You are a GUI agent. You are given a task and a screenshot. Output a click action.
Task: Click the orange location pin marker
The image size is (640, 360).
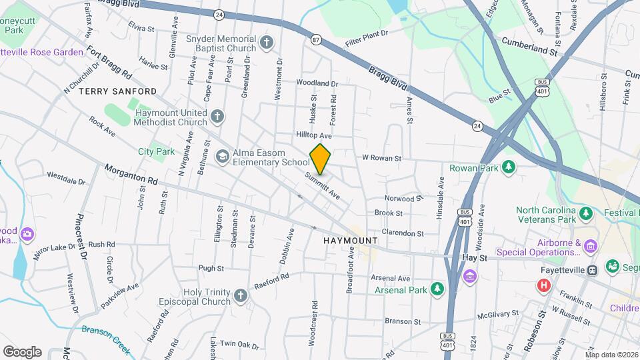click(321, 159)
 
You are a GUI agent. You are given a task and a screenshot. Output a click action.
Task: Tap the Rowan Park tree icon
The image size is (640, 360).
click(509, 167)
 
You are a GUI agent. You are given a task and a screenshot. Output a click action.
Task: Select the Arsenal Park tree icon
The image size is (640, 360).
click(437, 289)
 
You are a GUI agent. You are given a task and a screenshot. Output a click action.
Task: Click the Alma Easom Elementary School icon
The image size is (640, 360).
click(221, 155)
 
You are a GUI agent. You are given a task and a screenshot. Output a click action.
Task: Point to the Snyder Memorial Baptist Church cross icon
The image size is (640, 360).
click(267, 43)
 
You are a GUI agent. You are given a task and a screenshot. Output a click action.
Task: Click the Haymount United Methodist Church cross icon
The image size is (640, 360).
click(217, 117)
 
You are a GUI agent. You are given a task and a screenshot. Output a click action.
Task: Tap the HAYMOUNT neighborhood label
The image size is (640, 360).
click(350, 240)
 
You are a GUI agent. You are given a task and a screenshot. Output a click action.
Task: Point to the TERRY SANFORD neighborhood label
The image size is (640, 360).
click(117, 91)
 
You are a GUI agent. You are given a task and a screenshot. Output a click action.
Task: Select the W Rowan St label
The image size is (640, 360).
click(381, 159)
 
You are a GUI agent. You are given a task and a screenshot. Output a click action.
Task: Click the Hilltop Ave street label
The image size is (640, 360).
click(314, 135)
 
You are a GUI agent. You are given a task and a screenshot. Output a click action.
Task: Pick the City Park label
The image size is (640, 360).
click(156, 151)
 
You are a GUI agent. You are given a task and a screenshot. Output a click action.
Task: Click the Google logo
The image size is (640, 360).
click(22, 351)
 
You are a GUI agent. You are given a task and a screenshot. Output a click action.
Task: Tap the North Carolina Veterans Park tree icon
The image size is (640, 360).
click(586, 213)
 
